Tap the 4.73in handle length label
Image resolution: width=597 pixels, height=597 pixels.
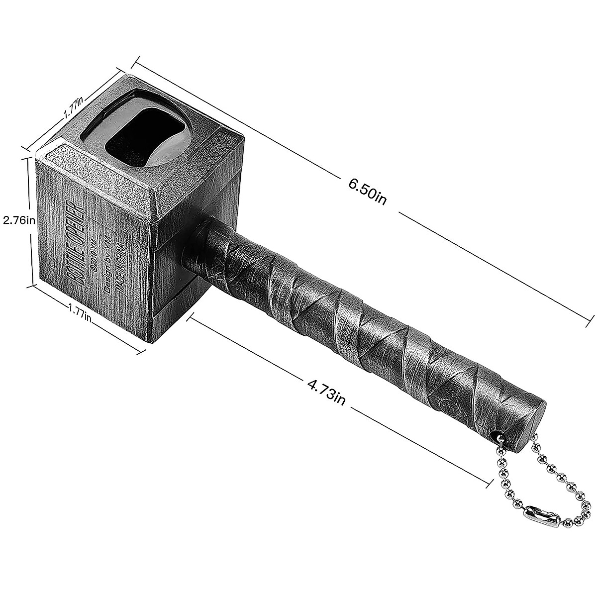327,392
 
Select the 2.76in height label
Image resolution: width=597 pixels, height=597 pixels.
18,220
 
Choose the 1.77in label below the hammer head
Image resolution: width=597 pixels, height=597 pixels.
80,314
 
